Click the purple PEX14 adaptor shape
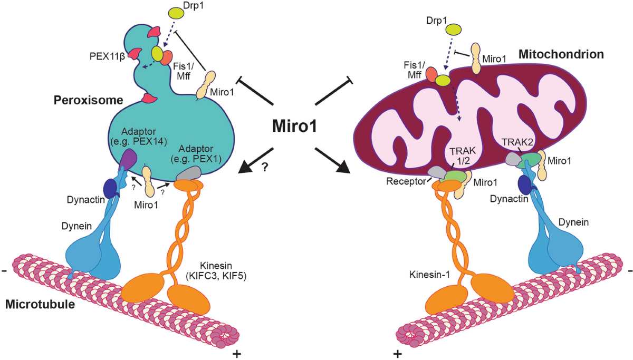128,158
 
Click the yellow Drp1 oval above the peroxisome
175,12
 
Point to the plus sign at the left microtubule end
235,352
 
